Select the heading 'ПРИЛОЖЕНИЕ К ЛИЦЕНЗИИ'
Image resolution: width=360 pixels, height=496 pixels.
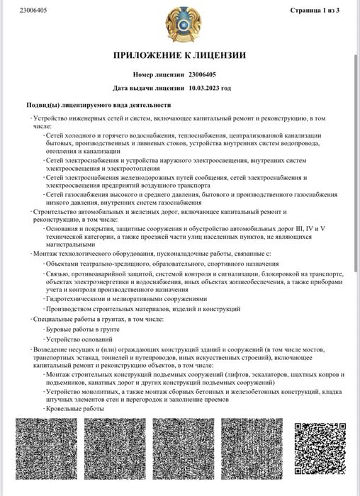pyautogui.click(x=180, y=55)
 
